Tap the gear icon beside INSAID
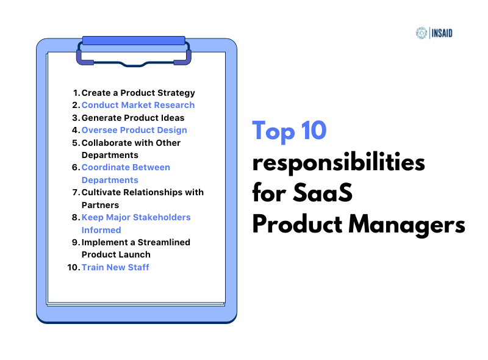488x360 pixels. [x=421, y=33]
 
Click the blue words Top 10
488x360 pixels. [x=290, y=131]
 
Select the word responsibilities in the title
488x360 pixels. [x=339, y=164]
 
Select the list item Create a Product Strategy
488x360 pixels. [x=138, y=93]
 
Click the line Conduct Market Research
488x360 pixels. [x=138, y=105]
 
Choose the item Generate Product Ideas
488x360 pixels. [x=133, y=118]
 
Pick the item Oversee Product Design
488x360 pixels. [x=134, y=130]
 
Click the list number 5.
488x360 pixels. [x=76, y=143]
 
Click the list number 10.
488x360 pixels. [x=74, y=267]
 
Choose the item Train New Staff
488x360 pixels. [x=115, y=267]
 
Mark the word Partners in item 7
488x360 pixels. [x=100, y=205]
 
